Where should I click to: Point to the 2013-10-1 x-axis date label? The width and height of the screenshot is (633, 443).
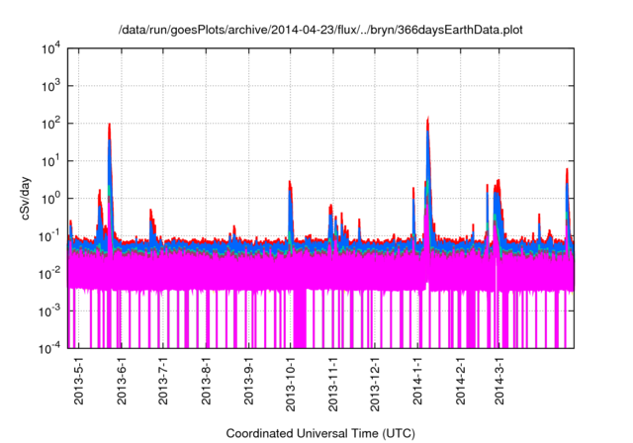tap(291, 385)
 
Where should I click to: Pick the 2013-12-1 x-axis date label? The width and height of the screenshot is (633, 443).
tap(375, 385)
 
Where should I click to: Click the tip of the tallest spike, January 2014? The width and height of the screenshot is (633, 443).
tap(427, 119)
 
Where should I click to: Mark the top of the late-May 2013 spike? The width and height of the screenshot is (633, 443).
tap(109, 125)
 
